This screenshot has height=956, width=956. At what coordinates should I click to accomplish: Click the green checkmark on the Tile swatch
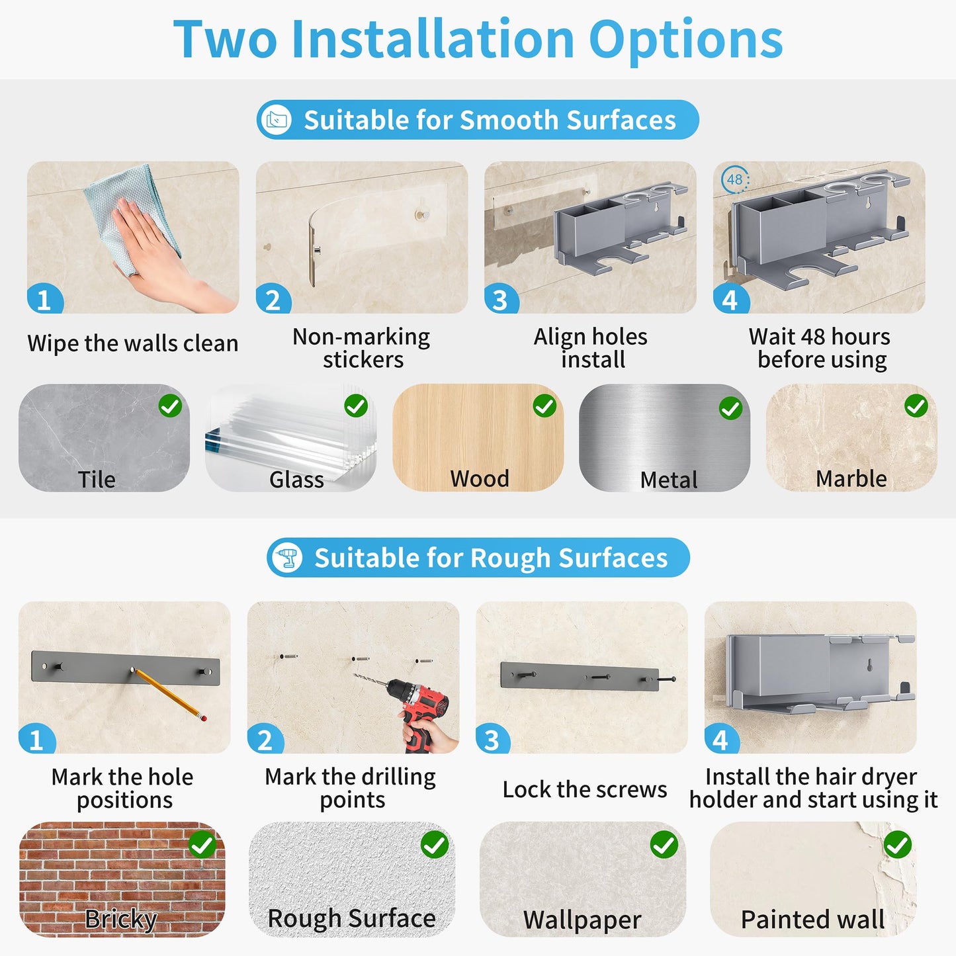tap(170, 406)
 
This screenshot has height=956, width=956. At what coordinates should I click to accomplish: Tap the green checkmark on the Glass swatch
tap(356, 406)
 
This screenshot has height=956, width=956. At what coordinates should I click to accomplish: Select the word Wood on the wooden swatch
tap(480, 479)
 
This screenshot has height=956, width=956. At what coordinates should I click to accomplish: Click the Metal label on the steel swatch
tap(669, 480)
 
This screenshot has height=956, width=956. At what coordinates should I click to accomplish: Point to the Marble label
tap(851, 479)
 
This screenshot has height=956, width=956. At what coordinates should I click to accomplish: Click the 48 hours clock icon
tap(735, 179)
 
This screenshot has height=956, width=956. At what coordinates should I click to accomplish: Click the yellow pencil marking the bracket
tap(169, 695)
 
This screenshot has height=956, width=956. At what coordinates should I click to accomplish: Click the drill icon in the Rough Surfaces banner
tap(288, 558)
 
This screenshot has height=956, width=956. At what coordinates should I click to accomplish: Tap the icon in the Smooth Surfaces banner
tap(277, 120)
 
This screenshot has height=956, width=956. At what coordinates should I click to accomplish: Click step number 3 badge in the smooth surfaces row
tap(501, 298)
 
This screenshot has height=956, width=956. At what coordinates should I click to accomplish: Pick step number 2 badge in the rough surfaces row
tap(265, 739)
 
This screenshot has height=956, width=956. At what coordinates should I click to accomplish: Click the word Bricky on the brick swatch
tap(120, 920)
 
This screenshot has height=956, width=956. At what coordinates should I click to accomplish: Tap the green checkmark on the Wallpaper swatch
tap(664, 844)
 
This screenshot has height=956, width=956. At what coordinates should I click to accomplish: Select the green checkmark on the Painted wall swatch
tap(898, 844)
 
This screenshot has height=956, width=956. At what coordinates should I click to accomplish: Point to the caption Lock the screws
tap(584, 789)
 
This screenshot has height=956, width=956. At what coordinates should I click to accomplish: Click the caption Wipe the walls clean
tap(133, 343)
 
